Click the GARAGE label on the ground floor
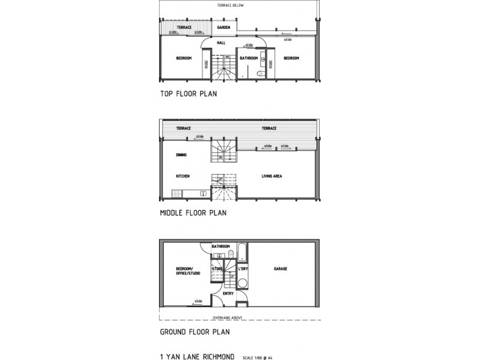pyautogui.click(x=280, y=268)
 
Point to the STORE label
pyautogui.click(x=217, y=268)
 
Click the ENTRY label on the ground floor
pyautogui.click(x=228, y=293)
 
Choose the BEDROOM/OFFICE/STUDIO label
pyautogui.click(x=187, y=271)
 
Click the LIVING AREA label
pyautogui.click(x=272, y=176)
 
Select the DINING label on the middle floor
pyautogui.click(x=182, y=155)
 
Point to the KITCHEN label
pyautogui.click(x=183, y=176)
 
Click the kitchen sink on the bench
pyautogui.click(x=203, y=193)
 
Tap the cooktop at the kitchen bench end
pyautogui.click(x=176, y=193)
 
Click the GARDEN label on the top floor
pyautogui.click(x=224, y=28)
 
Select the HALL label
pyautogui.click(x=221, y=43)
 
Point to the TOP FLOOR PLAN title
pyautogui.click(x=188, y=94)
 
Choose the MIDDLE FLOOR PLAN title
pyautogui.click(x=193, y=213)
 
